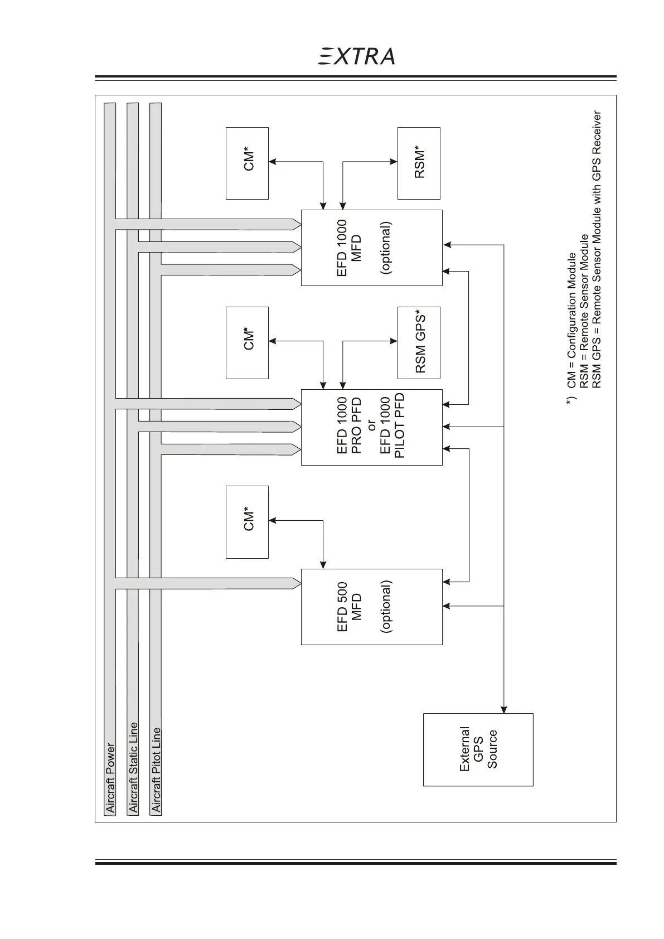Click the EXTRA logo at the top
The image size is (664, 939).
[x=357, y=56]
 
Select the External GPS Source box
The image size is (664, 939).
[x=478, y=749]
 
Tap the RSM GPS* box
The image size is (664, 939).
[x=419, y=342]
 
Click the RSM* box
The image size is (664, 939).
[x=419, y=163]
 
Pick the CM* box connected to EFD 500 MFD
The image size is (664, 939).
[x=247, y=521]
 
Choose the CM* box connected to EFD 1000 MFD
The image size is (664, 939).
[x=247, y=163]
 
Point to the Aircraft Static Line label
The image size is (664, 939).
[x=133, y=767]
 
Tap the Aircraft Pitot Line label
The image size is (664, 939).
[x=156, y=769]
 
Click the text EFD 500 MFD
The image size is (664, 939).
[x=350, y=607]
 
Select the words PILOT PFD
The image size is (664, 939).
[x=399, y=426]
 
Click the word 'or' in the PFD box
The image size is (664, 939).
[x=371, y=427]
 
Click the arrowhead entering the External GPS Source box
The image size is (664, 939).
[x=504, y=710]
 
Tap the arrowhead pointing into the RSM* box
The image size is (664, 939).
[x=394, y=162]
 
